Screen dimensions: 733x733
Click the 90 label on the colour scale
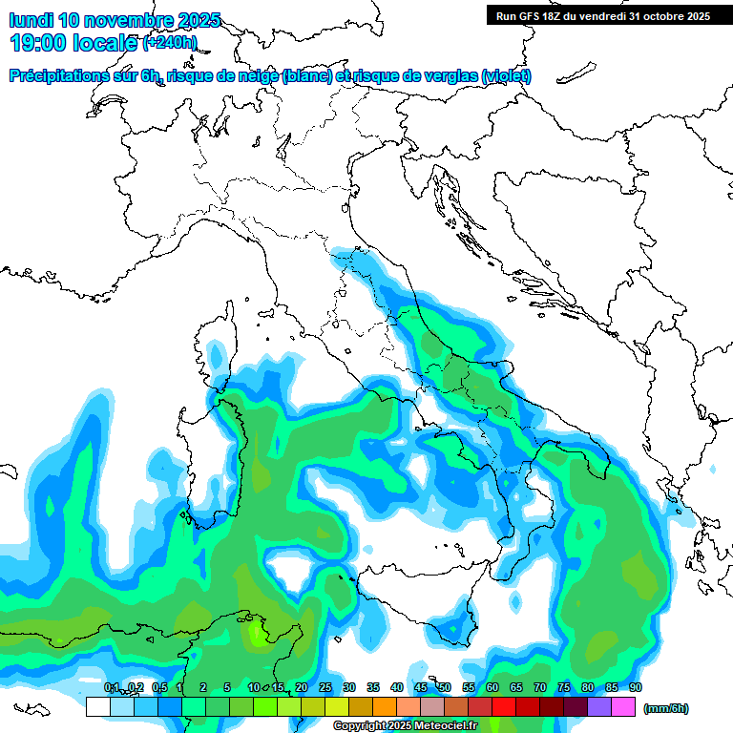[635, 687]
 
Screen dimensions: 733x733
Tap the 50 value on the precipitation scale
[445, 687]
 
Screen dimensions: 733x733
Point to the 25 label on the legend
[325, 687]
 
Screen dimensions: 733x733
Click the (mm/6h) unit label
[666, 708]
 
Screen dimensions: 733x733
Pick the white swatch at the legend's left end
[97, 706]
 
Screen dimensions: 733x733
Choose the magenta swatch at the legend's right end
[623, 706]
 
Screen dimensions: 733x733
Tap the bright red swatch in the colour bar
[504, 706]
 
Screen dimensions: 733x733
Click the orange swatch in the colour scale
[385, 706]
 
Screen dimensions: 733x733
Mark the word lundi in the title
[31, 20]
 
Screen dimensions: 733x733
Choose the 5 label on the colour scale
[227, 687]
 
